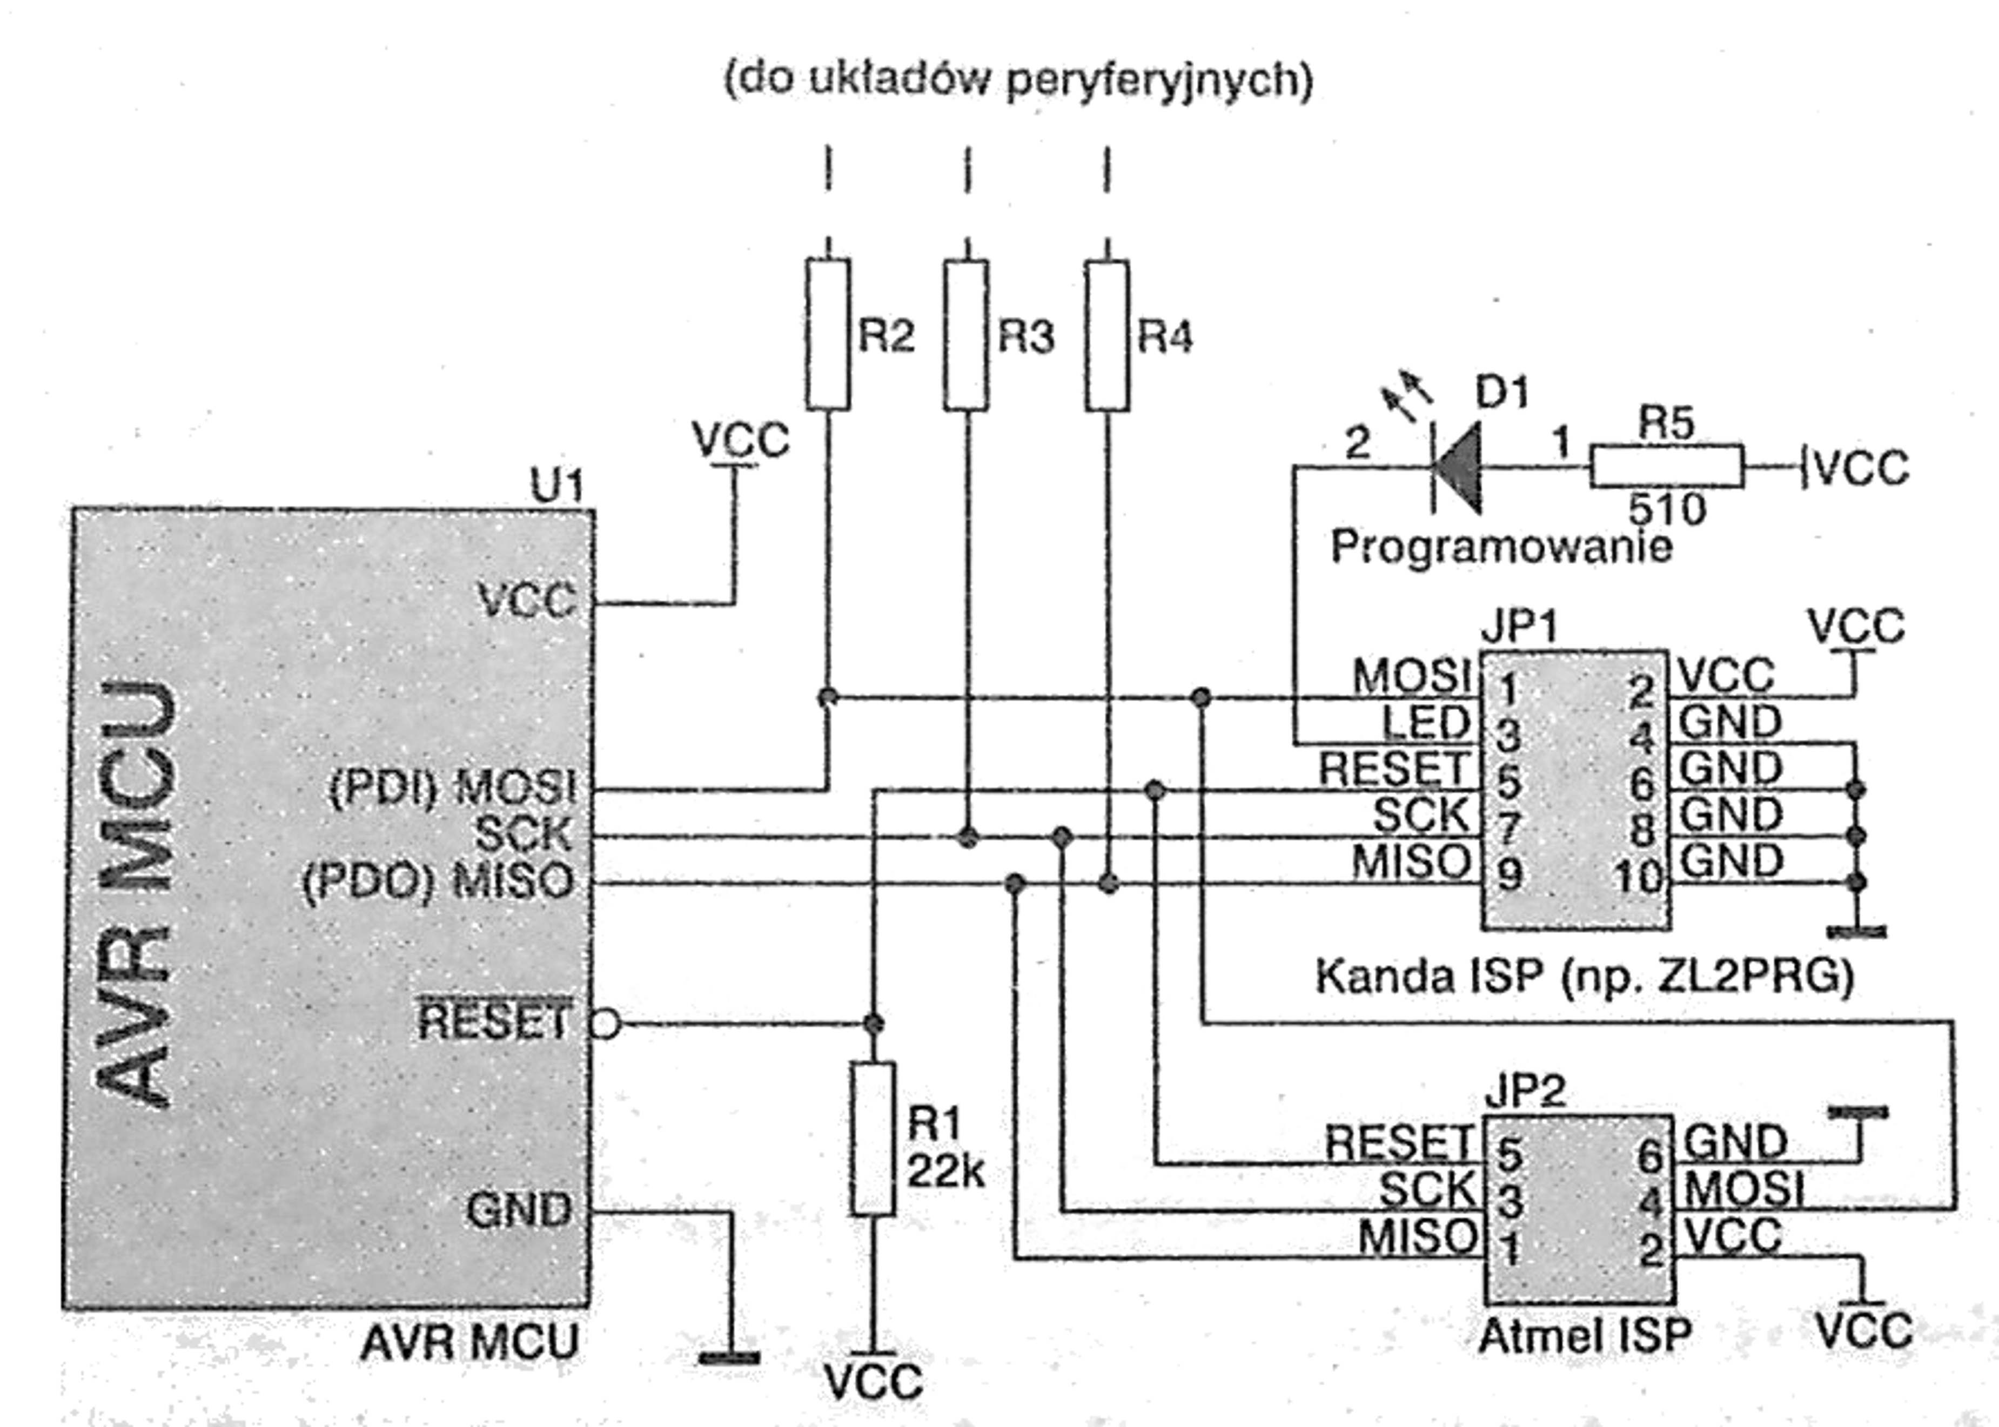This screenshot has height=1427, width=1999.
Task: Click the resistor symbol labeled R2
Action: [x=828, y=334]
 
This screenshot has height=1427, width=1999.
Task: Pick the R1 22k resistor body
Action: [x=874, y=1139]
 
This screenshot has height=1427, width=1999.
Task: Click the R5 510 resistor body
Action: [x=1667, y=466]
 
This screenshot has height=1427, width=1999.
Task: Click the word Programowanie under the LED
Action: [x=1501, y=547]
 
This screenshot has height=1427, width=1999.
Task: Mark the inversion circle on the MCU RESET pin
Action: [x=606, y=1024]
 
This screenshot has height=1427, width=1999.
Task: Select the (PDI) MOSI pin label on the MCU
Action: [x=453, y=787]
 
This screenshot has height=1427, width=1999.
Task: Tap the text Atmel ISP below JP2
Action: [x=1584, y=1336]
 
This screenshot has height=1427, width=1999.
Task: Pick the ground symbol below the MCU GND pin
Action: [x=729, y=1357]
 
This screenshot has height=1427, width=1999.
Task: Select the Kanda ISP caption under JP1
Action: [x=1584, y=976]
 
